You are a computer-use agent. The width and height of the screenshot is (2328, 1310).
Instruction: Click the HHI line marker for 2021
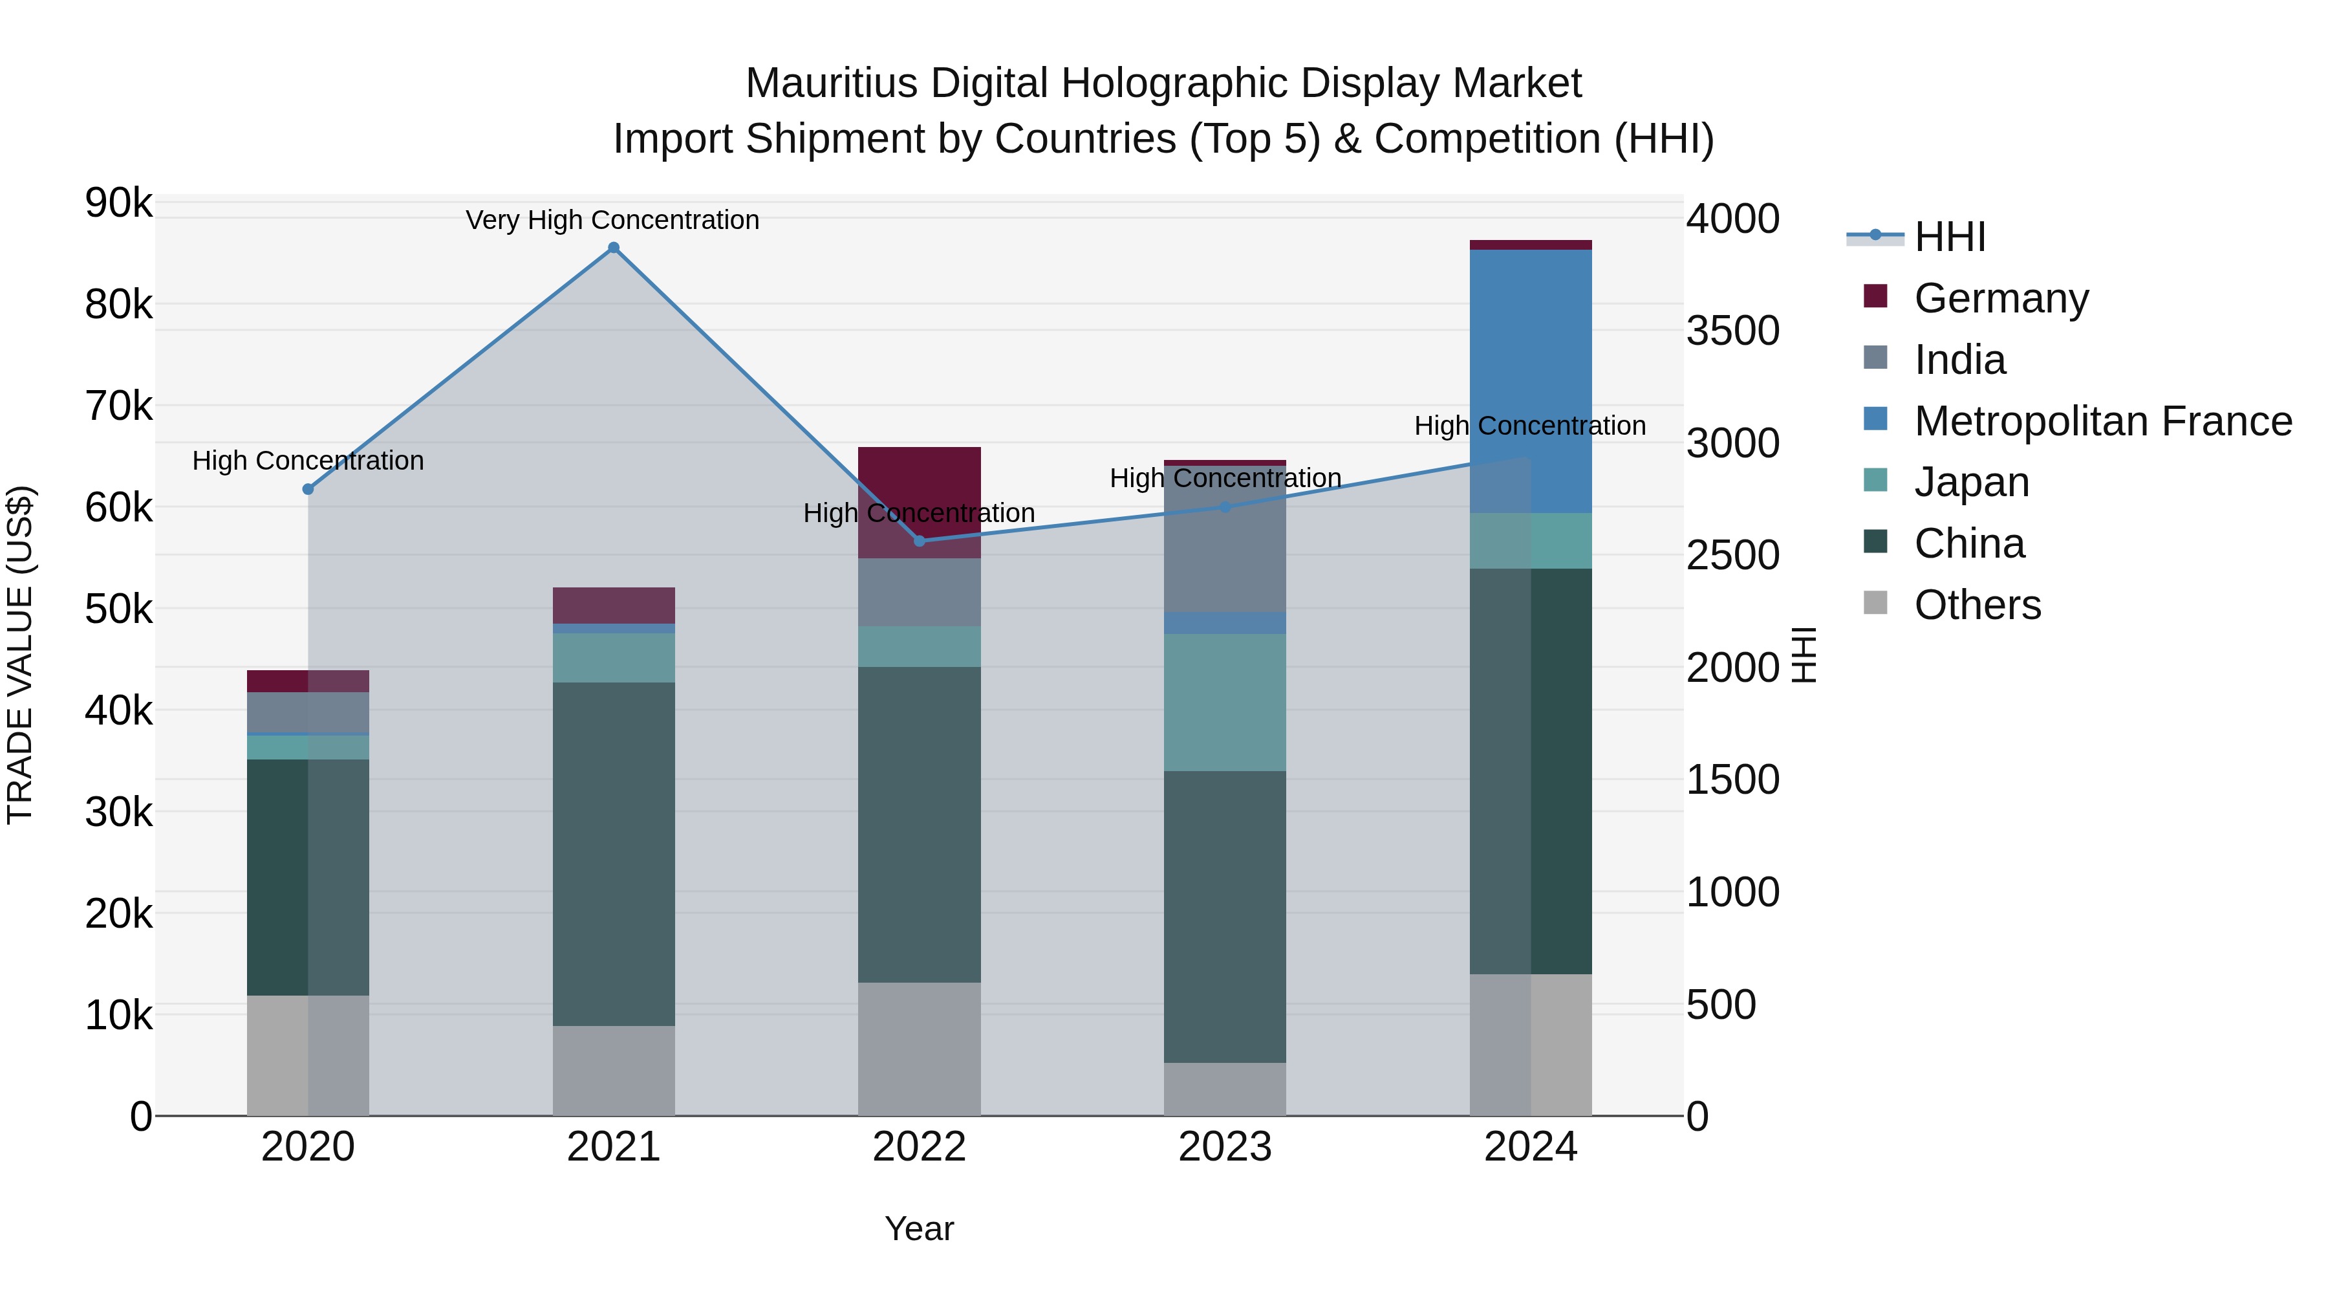614,248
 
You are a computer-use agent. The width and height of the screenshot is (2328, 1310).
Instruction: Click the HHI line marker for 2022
919,541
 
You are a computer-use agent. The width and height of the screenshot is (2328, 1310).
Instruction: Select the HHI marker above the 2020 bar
308,489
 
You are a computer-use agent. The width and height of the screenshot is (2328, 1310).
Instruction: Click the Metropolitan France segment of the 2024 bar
1530,380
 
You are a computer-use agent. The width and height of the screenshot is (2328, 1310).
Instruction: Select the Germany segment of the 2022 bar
919,488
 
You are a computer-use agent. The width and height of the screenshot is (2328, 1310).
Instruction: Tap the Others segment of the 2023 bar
1225,1089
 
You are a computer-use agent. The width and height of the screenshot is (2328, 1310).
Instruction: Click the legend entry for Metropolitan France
2102,421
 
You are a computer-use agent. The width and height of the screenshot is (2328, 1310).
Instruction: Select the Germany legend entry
2001,298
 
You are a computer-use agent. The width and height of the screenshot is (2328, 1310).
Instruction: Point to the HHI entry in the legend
1949,237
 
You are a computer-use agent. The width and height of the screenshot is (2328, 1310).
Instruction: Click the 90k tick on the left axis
118,203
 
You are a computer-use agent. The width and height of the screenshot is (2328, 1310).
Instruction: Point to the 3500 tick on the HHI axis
1732,331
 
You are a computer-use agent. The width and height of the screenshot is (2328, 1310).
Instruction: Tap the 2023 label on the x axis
1225,1147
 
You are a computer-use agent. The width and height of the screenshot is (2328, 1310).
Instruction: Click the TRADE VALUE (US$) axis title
20,655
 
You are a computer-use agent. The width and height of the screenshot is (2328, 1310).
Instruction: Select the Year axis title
919,1228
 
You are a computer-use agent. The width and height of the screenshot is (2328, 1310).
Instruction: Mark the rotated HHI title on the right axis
1804,655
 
